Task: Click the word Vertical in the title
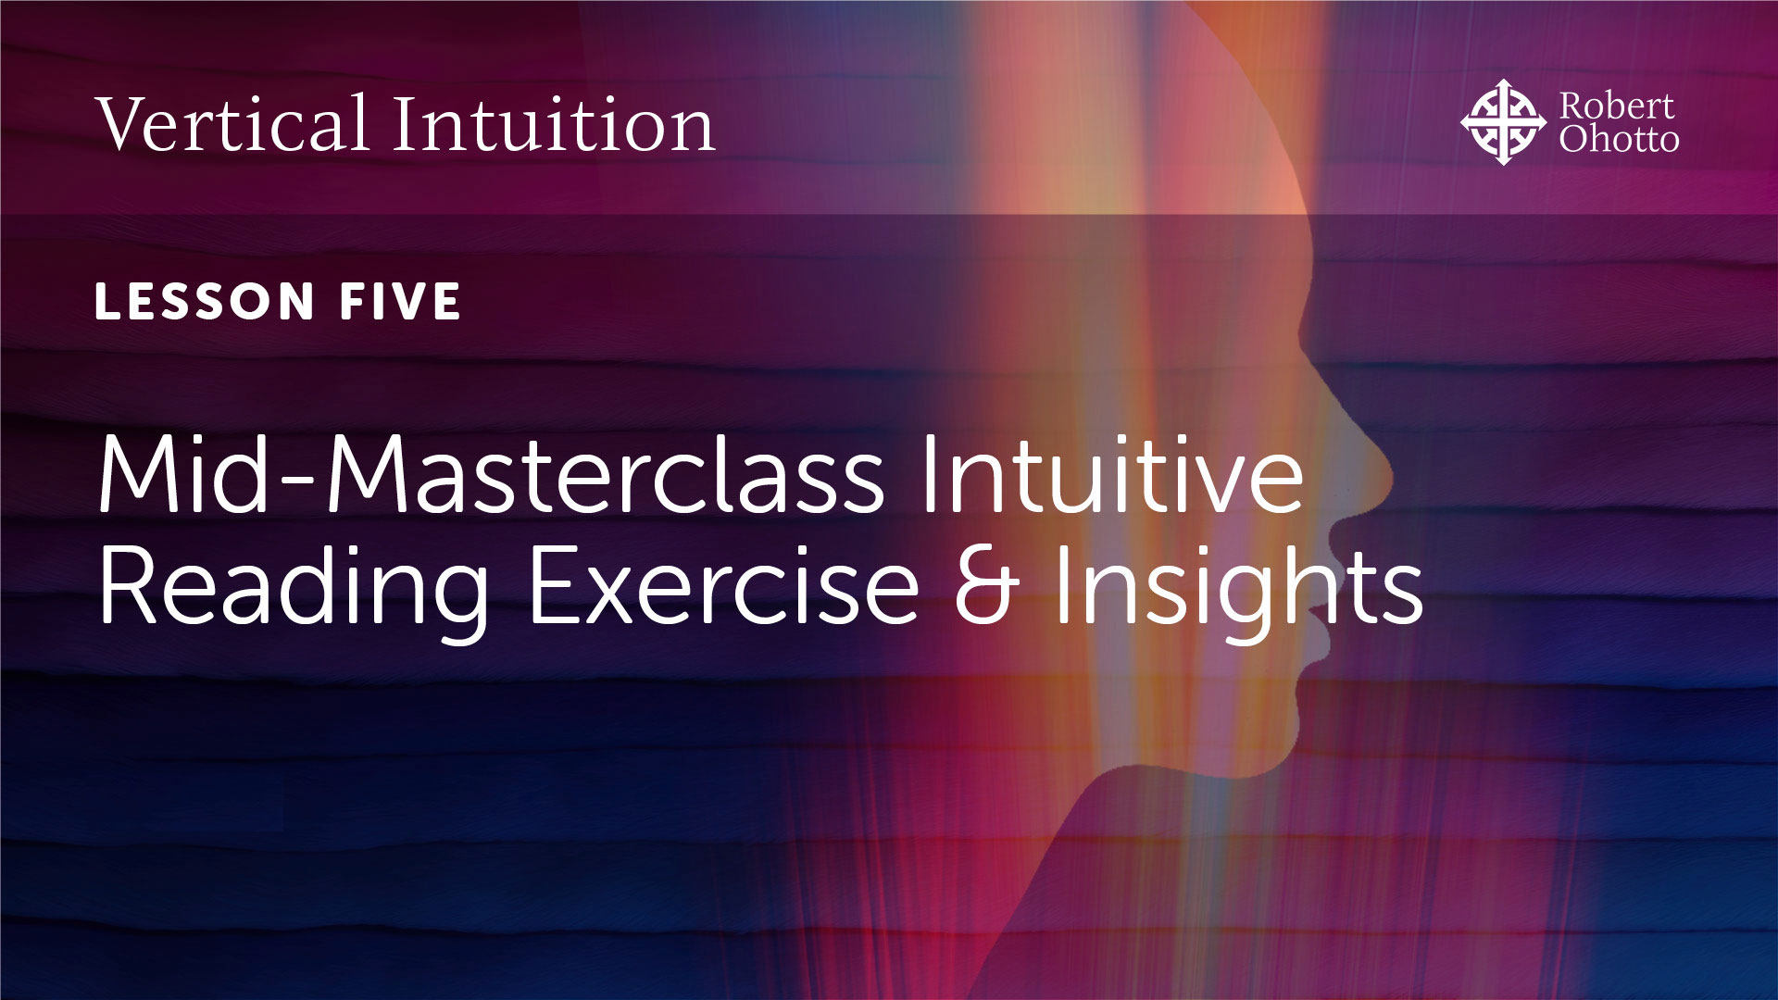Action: tap(232, 124)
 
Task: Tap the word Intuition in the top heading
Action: tap(553, 124)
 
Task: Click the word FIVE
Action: tap(400, 302)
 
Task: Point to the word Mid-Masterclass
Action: tap(491, 474)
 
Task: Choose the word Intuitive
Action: tap(1111, 474)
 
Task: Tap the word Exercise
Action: tap(723, 585)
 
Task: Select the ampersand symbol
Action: tap(986, 585)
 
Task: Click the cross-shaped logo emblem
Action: tap(1503, 122)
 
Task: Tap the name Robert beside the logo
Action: tap(1616, 106)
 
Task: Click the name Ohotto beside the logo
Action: tap(1618, 139)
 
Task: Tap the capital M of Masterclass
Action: tap(366, 474)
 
